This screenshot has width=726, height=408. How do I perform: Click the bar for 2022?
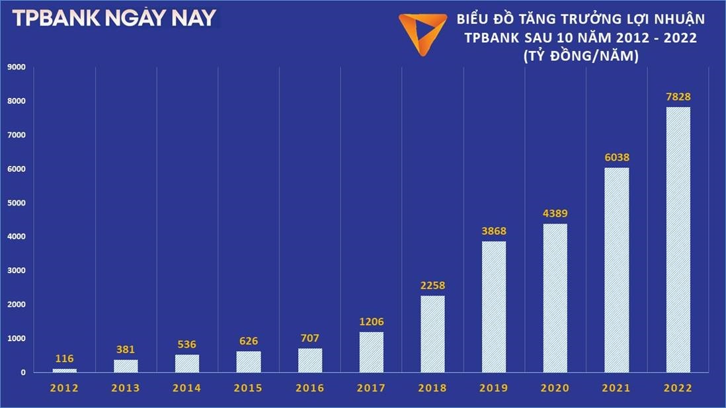(678, 239)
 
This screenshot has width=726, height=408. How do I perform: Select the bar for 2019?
(494, 306)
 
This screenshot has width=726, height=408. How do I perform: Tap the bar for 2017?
(371, 352)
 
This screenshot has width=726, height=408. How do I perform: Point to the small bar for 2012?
(65, 370)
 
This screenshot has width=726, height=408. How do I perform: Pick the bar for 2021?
(617, 270)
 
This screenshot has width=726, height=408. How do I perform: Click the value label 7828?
(678, 97)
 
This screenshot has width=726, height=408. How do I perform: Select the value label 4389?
(555, 214)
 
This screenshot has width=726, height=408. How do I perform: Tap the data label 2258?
(432, 286)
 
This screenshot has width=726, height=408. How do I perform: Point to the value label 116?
(65, 358)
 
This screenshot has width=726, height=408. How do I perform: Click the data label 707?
(310, 339)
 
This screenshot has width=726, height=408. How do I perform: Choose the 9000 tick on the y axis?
(16, 67)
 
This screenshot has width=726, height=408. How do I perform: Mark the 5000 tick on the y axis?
(16, 203)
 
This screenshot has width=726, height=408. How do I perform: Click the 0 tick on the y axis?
(23, 372)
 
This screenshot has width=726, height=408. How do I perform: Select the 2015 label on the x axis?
(249, 389)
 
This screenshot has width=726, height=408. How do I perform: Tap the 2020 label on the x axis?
(555, 389)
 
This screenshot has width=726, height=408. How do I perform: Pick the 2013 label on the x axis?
(126, 389)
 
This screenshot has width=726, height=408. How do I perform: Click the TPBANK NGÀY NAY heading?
(114, 18)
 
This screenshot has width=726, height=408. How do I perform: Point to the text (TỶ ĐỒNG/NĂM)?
(580, 57)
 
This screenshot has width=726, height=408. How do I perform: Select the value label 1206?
(371, 321)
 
